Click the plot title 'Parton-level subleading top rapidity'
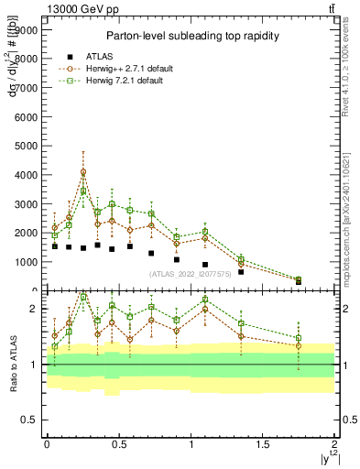click(x=191, y=36)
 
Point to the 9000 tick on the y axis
click(x=25, y=29)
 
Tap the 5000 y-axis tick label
click(x=25, y=146)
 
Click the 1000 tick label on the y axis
click(x=25, y=262)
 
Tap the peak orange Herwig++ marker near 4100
click(x=83, y=171)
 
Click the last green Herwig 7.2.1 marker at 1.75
click(x=299, y=279)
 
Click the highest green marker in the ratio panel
click(x=83, y=297)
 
